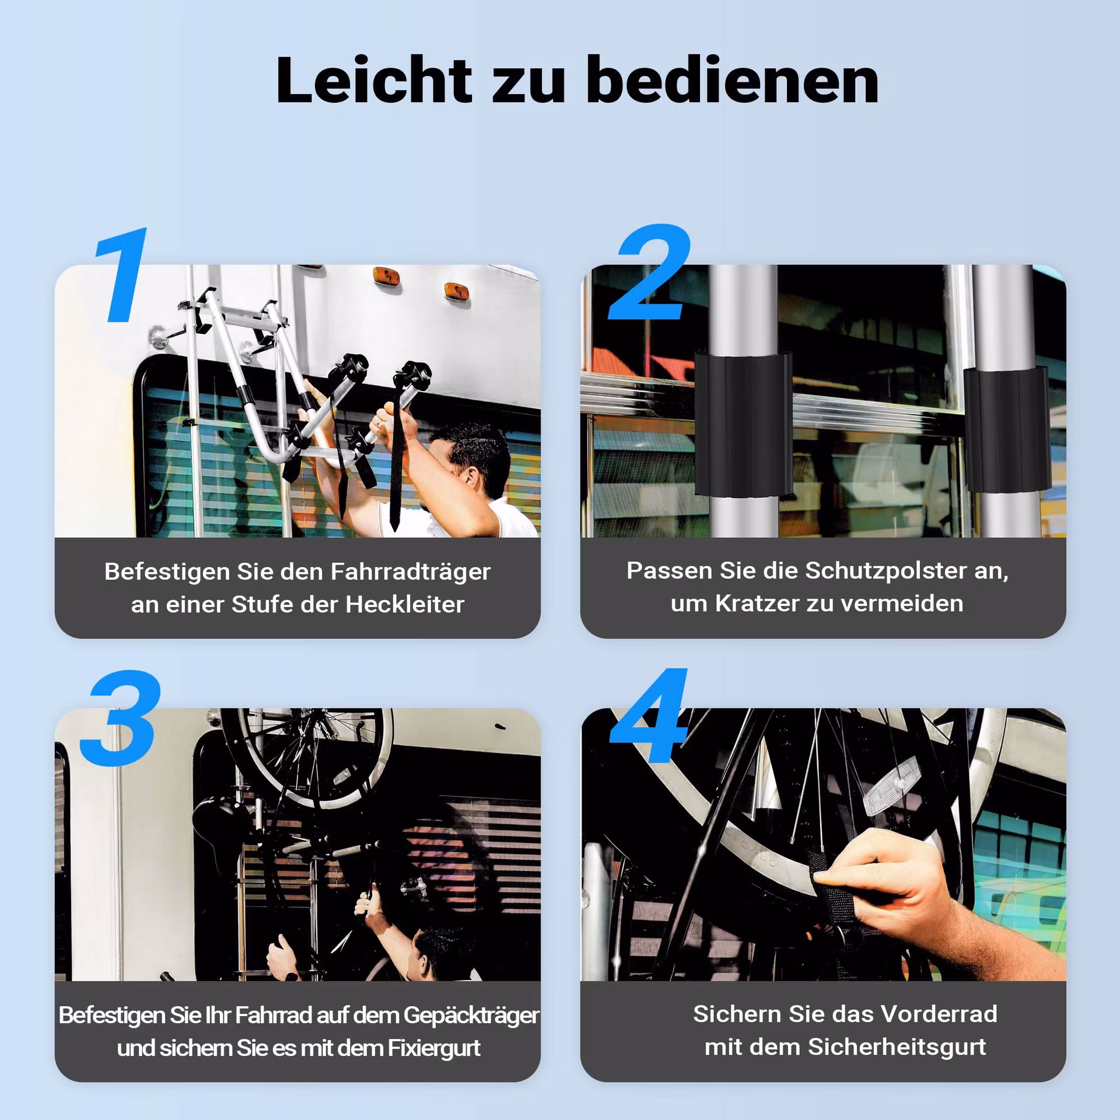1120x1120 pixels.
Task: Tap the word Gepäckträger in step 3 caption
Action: pos(471,1016)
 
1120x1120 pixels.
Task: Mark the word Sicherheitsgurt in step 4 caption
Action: pos(897,1048)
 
